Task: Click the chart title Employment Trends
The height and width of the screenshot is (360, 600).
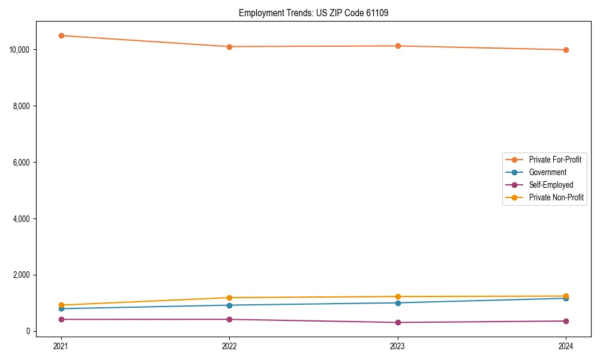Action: pyautogui.click(x=313, y=13)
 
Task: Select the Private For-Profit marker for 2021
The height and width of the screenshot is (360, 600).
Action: pyautogui.click(x=61, y=35)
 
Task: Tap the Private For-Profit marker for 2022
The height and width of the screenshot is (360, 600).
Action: pyautogui.click(x=229, y=47)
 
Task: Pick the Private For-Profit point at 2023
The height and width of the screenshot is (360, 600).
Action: pyautogui.click(x=398, y=46)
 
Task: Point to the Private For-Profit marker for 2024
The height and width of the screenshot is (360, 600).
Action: pyautogui.click(x=566, y=50)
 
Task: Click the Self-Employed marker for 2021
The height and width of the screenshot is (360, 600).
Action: pyautogui.click(x=61, y=319)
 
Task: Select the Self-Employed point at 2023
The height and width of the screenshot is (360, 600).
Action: pyautogui.click(x=398, y=323)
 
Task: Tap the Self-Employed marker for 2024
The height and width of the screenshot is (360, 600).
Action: pyautogui.click(x=566, y=321)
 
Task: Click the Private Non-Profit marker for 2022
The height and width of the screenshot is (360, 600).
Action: pyautogui.click(x=229, y=298)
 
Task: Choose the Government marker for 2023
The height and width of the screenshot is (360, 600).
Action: pyautogui.click(x=398, y=302)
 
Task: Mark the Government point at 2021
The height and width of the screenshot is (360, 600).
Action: pyautogui.click(x=61, y=308)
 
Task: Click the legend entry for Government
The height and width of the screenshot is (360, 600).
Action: pyautogui.click(x=547, y=172)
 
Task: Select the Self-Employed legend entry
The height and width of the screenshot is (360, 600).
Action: pyautogui.click(x=551, y=185)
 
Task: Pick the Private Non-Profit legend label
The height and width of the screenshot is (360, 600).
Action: pyautogui.click(x=556, y=197)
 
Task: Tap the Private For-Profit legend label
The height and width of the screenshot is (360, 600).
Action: pyautogui.click(x=555, y=160)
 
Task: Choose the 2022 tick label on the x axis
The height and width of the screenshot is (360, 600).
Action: pyautogui.click(x=229, y=346)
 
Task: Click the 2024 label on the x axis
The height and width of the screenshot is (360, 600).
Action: pyautogui.click(x=566, y=346)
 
